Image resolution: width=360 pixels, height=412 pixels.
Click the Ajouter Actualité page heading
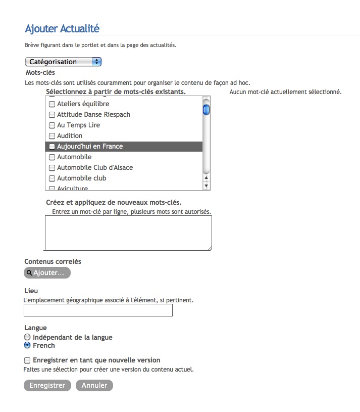tap(62, 28)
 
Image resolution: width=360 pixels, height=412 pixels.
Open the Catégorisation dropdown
tap(63, 62)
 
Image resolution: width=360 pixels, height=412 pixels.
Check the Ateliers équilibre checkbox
tap(52, 104)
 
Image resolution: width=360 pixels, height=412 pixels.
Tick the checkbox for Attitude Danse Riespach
tap(52, 115)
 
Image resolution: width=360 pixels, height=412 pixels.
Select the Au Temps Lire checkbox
tap(52, 125)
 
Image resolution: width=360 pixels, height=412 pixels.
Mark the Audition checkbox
tap(52, 136)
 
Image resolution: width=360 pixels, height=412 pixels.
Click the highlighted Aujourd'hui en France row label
tap(90, 147)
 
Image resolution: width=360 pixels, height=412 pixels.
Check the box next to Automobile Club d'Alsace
tap(52, 168)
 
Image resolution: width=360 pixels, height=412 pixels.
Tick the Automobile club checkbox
tap(52, 178)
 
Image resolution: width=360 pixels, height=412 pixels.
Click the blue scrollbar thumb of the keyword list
tap(206, 110)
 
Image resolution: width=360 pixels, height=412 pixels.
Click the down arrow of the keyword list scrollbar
tap(206, 186)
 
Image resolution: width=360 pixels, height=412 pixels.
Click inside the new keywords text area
tap(128, 233)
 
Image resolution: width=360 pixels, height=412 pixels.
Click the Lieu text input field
tap(98, 310)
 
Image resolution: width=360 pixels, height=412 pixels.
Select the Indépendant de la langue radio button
tap(27, 337)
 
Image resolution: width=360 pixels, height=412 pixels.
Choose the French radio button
tap(27, 346)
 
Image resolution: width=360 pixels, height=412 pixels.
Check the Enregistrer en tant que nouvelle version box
tap(27, 360)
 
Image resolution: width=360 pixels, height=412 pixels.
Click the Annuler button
tap(94, 385)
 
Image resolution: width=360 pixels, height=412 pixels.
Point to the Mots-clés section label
tap(40, 73)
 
